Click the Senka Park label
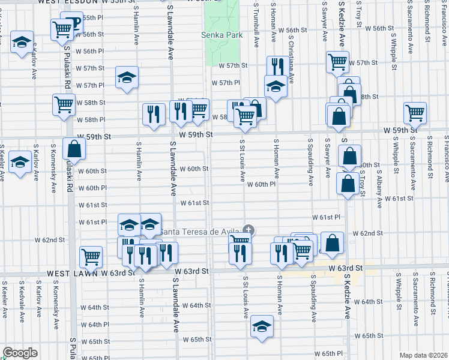(x=221, y=35)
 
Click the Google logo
(x=20, y=353)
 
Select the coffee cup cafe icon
(x=73, y=24)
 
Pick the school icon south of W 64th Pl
(x=261, y=327)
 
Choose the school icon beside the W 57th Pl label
(x=127, y=77)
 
